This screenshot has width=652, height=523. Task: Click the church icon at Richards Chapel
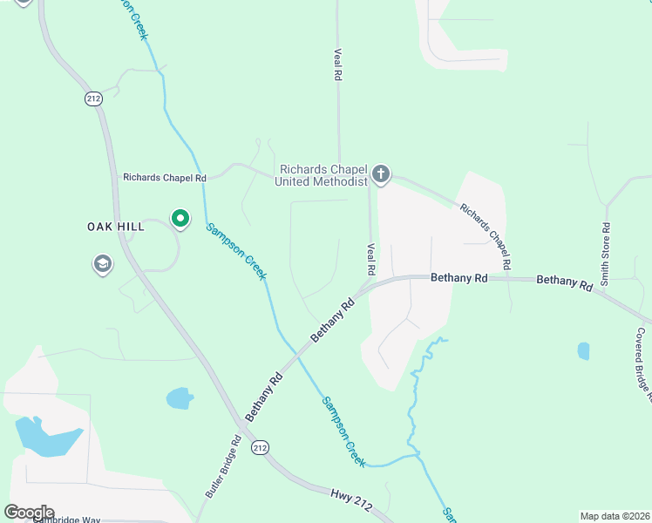pyautogui.click(x=381, y=174)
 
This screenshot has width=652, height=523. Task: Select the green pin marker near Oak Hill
pyautogui.click(x=180, y=218)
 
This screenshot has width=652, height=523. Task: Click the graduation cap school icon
pyautogui.click(x=103, y=264)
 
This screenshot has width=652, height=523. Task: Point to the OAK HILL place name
pyautogui.click(x=115, y=227)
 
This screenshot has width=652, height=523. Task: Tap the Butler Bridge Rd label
pyautogui.click(x=222, y=466)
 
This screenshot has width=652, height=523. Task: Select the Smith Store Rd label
pyautogui.click(x=604, y=254)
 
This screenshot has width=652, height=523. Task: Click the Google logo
pyautogui.click(x=29, y=513)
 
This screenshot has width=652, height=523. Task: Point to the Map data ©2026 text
pyautogui.click(x=615, y=516)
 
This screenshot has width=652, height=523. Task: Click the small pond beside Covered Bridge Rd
pyautogui.click(x=582, y=351)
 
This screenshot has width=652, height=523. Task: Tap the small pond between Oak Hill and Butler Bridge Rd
pyautogui.click(x=180, y=398)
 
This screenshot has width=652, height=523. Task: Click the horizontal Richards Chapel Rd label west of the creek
pyautogui.click(x=165, y=177)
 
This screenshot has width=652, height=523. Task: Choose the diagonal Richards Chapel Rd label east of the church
pyautogui.click(x=485, y=235)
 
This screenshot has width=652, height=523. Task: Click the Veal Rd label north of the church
pyautogui.click(x=336, y=65)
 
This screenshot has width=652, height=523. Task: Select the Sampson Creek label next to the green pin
pyautogui.click(x=236, y=252)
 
